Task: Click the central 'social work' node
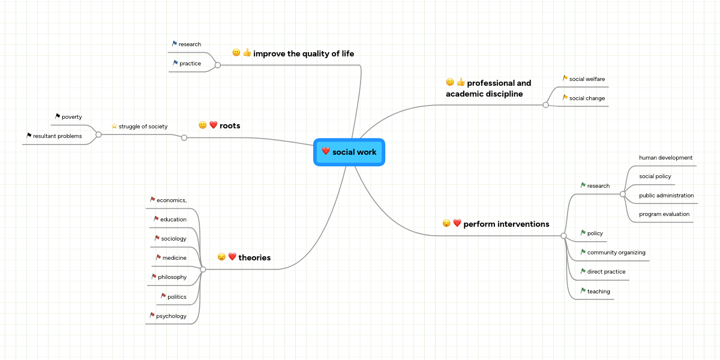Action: (349, 152)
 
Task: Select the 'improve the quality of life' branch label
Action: (303, 53)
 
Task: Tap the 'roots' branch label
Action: (230, 125)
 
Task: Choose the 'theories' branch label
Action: (254, 257)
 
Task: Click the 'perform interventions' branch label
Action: (506, 224)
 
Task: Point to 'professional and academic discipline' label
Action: (488, 88)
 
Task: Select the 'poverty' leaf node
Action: (71, 116)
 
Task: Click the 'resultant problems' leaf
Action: (58, 136)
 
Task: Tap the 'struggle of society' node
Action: (143, 126)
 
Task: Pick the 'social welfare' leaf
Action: (587, 79)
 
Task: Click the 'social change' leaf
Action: (587, 98)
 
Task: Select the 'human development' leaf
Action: (665, 157)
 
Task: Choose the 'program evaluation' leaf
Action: (664, 214)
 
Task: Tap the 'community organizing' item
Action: (616, 252)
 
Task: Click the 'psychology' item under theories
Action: (171, 316)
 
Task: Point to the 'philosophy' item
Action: (172, 277)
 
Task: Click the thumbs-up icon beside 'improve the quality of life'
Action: (247, 53)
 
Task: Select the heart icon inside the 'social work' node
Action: (326, 151)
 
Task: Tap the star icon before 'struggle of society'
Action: (114, 126)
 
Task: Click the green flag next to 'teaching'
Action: (583, 290)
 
